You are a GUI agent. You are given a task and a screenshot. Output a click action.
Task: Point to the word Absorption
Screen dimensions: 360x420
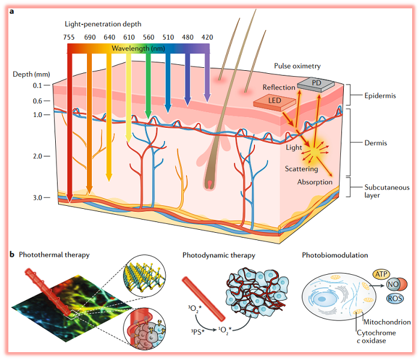pos(315,181)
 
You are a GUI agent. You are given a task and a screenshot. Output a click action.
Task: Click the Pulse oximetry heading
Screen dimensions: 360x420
pos(297,65)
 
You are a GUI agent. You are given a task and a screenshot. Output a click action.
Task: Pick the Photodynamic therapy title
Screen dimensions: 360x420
pos(219,255)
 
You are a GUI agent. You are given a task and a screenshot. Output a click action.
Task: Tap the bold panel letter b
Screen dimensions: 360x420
pos(11,254)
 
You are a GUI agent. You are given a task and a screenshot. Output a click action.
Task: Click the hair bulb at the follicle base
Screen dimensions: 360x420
pos(211,181)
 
